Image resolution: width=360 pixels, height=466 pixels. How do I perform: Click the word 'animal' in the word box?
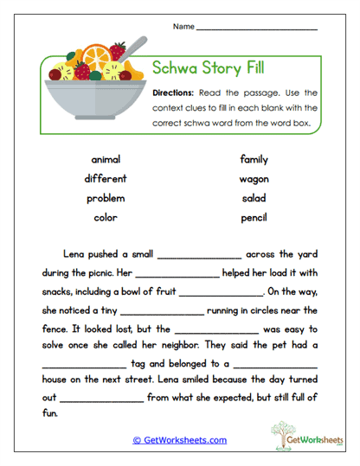(106, 159)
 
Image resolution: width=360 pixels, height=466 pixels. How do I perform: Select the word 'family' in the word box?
(254, 159)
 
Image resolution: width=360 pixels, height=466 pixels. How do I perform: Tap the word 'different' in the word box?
(106, 178)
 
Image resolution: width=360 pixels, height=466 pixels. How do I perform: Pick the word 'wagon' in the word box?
(254, 179)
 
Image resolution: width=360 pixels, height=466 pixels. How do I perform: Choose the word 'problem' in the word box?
(106, 198)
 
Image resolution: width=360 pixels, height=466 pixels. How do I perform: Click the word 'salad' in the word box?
(254, 198)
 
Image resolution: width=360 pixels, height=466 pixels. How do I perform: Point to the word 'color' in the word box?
(106, 217)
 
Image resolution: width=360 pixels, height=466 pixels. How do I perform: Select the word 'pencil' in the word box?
(254, 218)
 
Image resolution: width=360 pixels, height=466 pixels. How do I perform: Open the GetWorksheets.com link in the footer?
(179, 440)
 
